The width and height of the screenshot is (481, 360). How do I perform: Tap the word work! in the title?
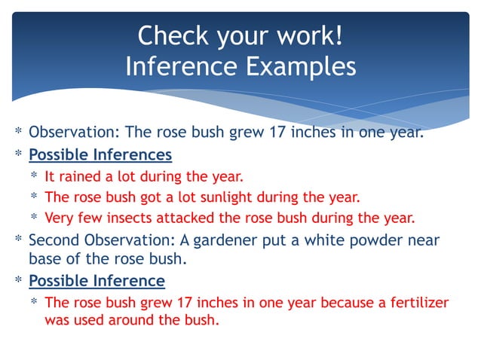pyautogui.click(x=308, y=35)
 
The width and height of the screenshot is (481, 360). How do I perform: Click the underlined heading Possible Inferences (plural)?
pyautogui.click(x=100, y=155)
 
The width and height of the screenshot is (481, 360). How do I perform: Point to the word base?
pyautogui.click(x=46, y=259)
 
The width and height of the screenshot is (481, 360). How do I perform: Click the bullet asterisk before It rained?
pyautogui.click(x=35, y=178)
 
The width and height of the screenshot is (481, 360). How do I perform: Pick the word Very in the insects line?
pyautogui.click(x=60, y=219)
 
